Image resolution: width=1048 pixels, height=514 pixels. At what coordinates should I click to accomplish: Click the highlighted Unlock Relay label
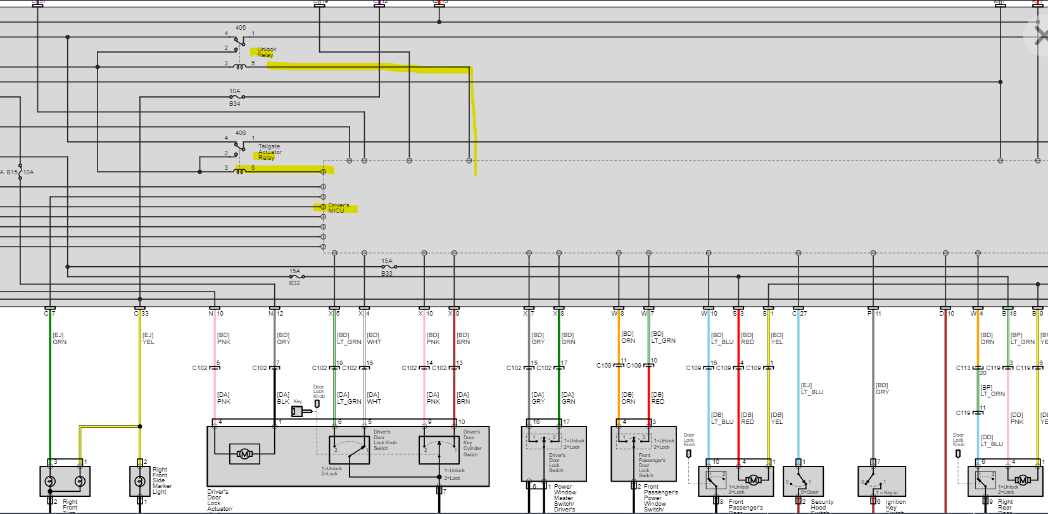click(266, 52)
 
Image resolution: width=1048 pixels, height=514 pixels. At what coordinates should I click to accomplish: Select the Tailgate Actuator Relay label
click(269, 152)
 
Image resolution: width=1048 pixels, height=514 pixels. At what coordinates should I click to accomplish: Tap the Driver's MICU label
click(338, 208)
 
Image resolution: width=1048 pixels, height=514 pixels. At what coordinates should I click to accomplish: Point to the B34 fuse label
click(234, 104)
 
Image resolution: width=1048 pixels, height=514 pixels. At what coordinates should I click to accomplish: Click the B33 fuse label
click(386, 274)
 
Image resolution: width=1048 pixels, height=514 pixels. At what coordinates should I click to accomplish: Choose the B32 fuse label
click(294, 283)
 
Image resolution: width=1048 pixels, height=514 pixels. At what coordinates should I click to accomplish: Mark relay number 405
click(241, 28)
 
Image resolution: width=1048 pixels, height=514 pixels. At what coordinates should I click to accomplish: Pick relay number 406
click(241, 133)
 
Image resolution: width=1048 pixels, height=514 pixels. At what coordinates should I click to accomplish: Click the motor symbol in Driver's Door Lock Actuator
click(244, 454)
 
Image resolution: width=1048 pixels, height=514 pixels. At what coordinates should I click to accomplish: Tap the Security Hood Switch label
click(822, 504)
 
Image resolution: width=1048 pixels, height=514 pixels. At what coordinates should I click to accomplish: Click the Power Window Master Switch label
click(564, 498)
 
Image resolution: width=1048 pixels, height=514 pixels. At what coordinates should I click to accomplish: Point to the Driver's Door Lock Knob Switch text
click(384, 440)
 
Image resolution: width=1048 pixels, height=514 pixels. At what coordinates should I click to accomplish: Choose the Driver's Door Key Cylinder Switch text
click(472, 443)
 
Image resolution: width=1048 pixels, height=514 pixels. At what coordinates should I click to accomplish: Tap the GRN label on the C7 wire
click(60, 342)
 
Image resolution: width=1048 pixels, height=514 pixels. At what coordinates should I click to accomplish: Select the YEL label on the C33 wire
click(148, 342)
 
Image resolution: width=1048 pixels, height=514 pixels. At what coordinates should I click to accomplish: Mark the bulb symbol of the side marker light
click(139, 482)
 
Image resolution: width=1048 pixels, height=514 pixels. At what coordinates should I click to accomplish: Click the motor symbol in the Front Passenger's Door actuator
click(753, 480)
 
